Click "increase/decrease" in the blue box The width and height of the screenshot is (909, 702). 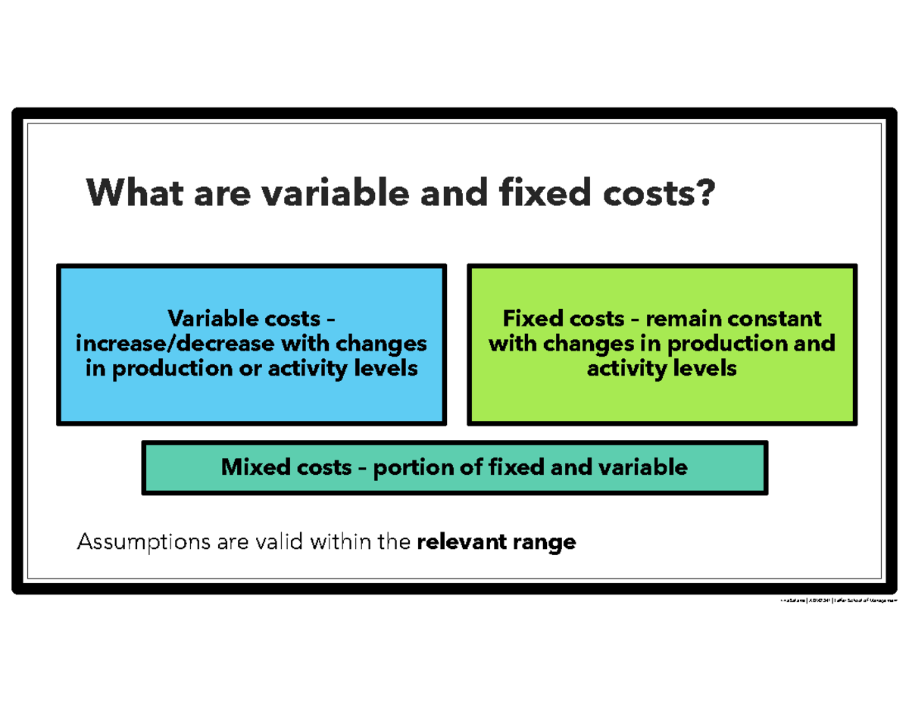point(176,344)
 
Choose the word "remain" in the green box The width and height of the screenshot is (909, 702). point(676,318)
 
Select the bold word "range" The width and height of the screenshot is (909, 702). point(545,542)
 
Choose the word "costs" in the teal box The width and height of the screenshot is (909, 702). point(314,467)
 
